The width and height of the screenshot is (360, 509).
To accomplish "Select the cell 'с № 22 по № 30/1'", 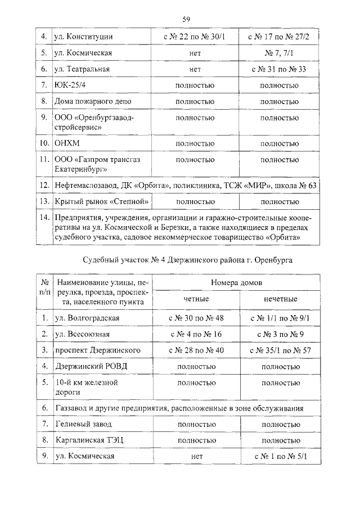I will tap(195, 37).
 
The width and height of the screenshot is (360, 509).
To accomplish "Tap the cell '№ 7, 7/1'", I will tap(279, 53).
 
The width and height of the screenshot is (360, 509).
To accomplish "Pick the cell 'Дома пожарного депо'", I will tap(93, 102).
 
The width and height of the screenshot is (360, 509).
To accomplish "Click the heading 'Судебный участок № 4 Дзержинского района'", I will tap(188, 259).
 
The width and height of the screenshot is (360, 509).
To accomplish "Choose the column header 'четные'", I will tap(196, 299).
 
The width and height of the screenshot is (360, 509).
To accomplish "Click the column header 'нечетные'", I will tap(280, 299).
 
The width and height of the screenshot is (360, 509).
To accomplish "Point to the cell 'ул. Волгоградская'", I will tap(87, 318).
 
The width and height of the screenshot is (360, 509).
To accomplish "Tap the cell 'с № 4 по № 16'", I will tap(196, 334).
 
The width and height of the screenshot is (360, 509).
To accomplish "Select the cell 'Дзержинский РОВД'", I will tap(91, 366).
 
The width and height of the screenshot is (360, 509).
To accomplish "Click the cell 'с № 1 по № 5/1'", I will tap(280, 457).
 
